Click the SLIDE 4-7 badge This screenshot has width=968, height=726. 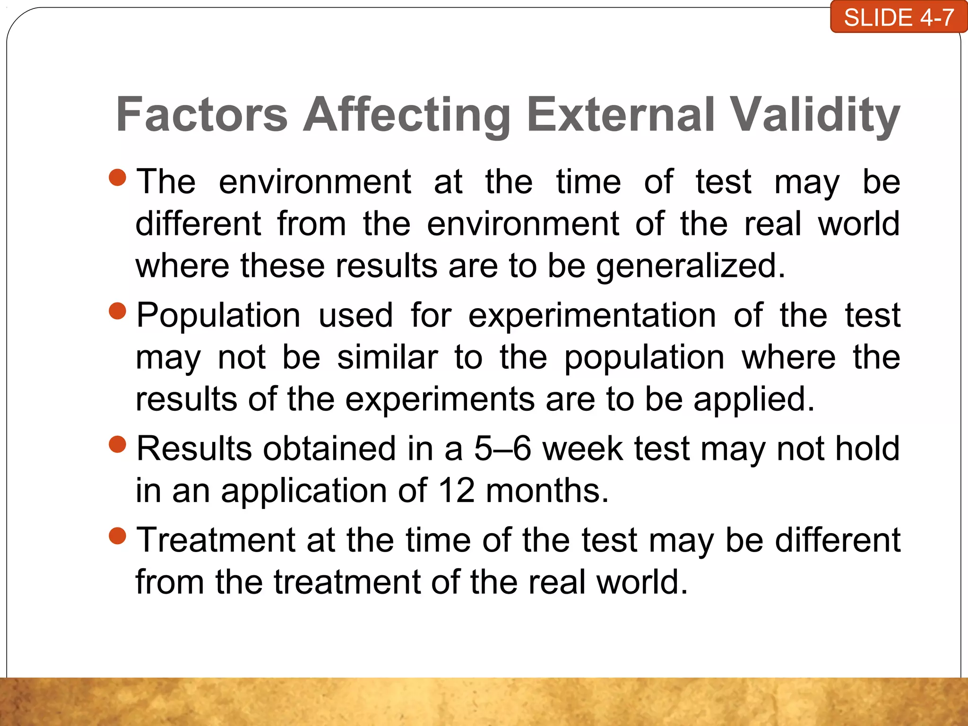(899, 18)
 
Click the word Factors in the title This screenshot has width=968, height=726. (202, 114)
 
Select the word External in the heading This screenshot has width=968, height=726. (620, 114)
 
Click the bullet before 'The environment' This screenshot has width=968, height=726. (117, 178)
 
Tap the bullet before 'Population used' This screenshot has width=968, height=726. (117, 311)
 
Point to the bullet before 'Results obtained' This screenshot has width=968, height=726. (117, 444)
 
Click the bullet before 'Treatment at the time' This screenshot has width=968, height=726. (117, 536)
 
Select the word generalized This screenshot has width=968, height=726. (690, 267)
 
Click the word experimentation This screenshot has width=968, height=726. (592, 316)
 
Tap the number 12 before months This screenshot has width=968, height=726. (457, 491)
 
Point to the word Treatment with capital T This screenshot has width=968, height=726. (216, 540)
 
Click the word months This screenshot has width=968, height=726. (547, 491)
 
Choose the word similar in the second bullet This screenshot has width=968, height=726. (388, 357)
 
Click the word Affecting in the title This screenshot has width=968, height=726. (406, 114)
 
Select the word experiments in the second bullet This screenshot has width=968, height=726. (440, 400)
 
